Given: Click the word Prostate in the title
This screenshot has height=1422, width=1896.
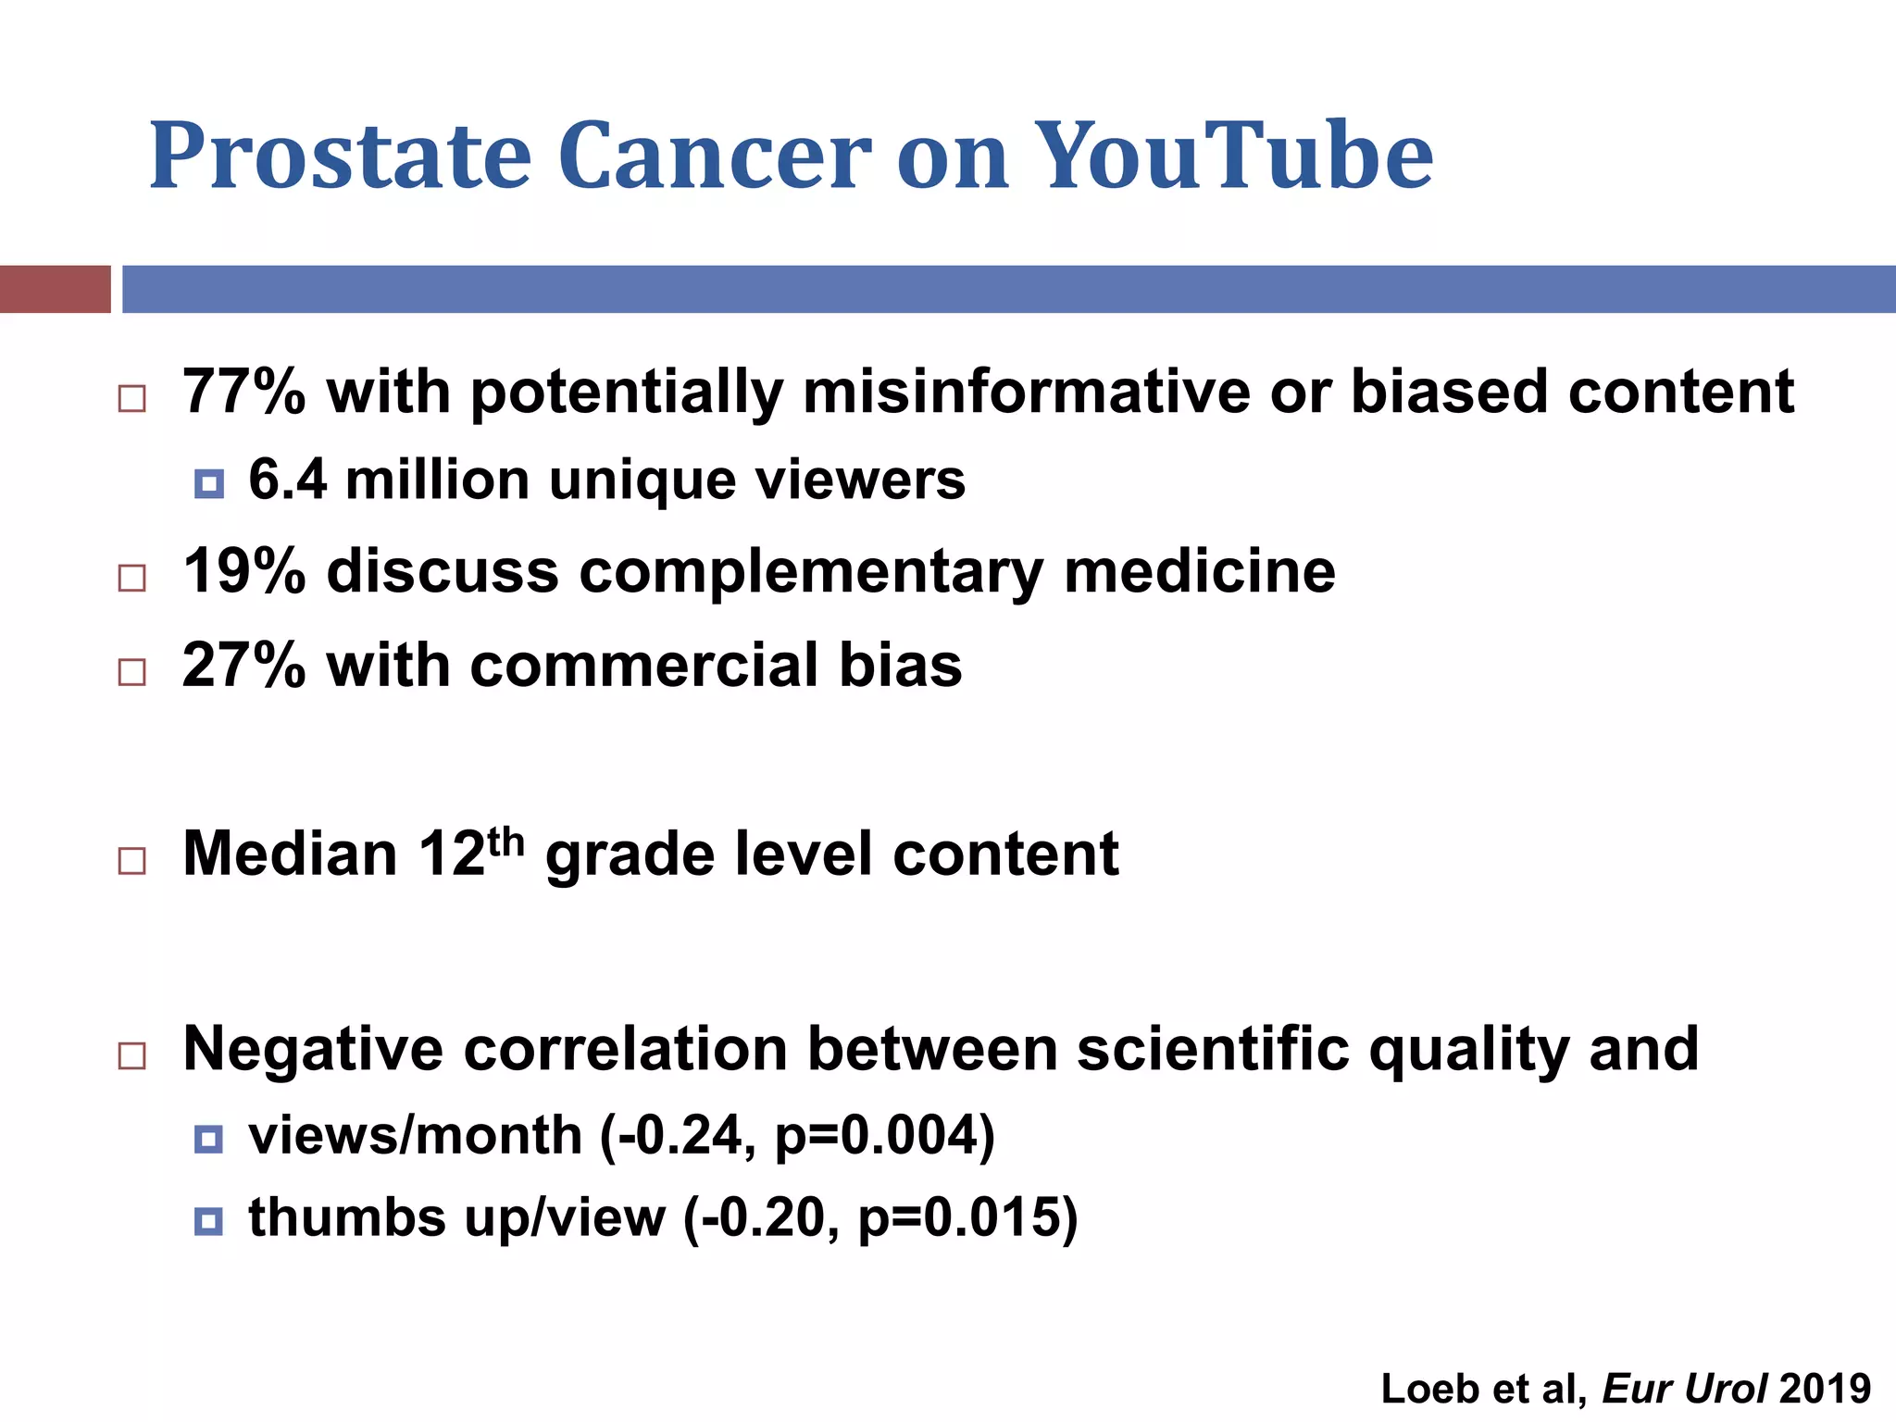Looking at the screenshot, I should pos(340,157).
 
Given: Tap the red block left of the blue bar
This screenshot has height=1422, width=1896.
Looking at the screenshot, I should pos(55,289).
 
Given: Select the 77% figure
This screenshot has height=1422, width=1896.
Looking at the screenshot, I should pos(243,391).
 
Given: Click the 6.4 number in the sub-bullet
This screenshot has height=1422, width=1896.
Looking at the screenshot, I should pos(287,480).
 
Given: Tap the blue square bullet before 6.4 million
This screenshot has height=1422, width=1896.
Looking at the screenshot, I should pos(209,483).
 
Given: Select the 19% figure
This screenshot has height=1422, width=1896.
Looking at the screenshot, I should pos(243,570).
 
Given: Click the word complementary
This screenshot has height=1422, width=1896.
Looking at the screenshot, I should pos(811,572).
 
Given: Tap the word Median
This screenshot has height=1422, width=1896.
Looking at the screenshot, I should pos(290,853).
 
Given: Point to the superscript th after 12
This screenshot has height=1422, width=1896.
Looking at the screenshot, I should pos(506,841).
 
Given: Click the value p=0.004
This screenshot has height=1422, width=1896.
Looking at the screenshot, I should pos(883,1136).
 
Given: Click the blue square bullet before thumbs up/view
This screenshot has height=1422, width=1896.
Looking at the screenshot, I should pos(209,1221).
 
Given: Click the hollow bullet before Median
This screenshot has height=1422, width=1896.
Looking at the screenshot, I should pos(132,861).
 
